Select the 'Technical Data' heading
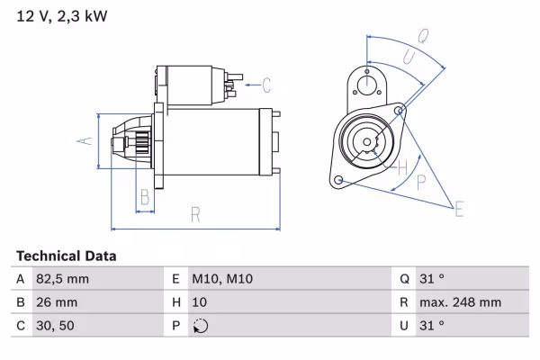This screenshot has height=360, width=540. tap(66, 256)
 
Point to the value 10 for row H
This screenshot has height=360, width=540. tap(201, 303)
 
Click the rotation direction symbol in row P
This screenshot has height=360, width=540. tap(201, 327)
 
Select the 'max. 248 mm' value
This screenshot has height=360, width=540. tap(463, 303)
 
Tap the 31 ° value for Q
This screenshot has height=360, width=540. tap(433, 280)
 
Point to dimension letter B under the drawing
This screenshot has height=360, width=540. tap(144, 198)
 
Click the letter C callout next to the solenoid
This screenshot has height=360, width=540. tap(266, 86)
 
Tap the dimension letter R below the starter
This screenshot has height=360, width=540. tap(194, 214)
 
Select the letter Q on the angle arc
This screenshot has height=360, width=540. tap(422, 36)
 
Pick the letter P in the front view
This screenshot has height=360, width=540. tap(421, 182)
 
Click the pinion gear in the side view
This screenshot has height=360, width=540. tap(140, 142)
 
